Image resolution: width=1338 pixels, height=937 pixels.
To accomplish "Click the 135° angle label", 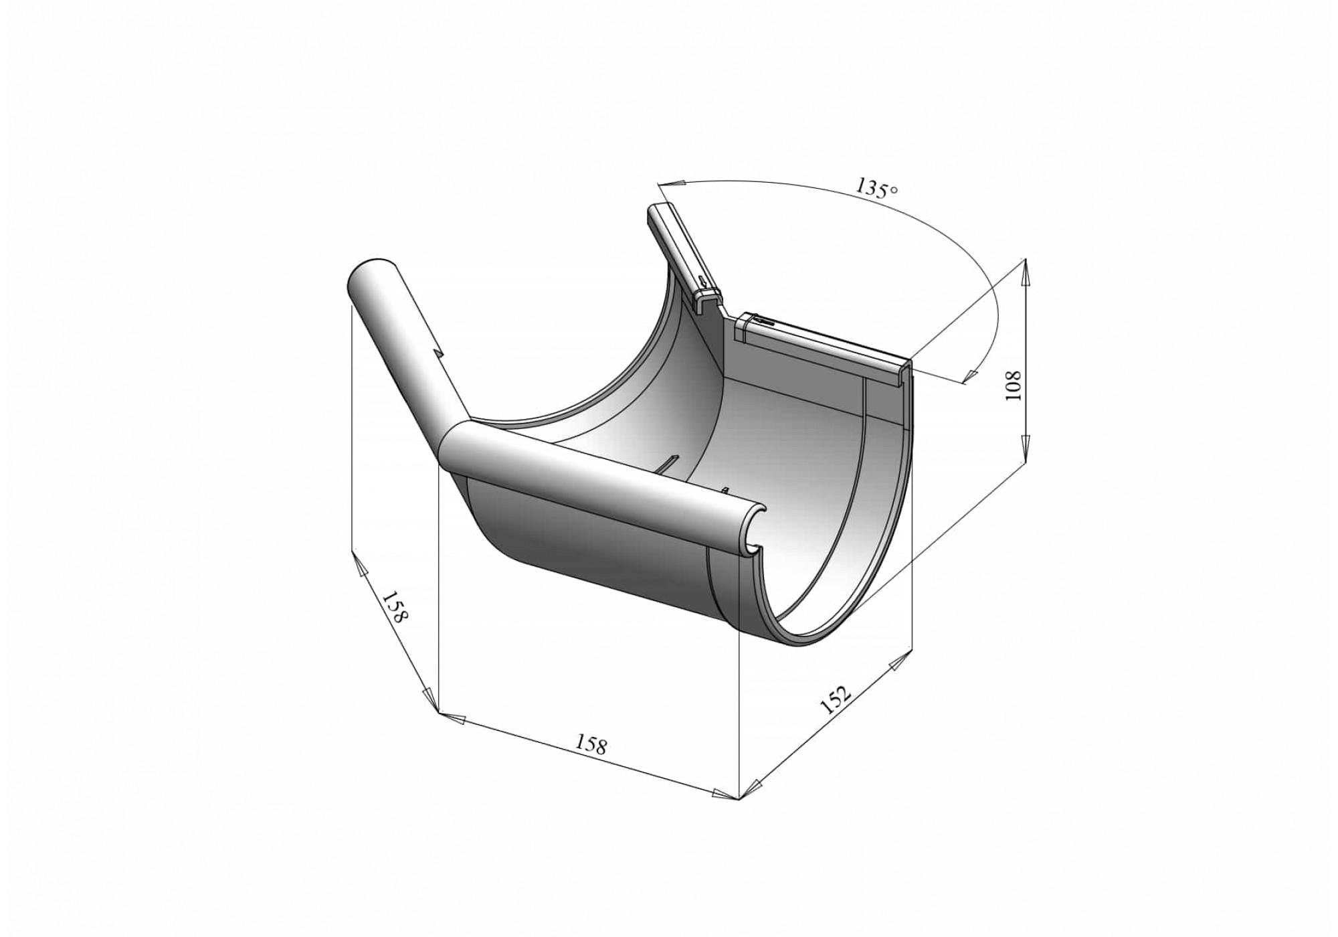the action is click(877, 187).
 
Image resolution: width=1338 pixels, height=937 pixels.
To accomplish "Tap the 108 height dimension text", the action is click(1014, 385).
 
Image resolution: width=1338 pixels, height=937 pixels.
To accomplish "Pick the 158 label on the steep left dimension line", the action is click(394, 607).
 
